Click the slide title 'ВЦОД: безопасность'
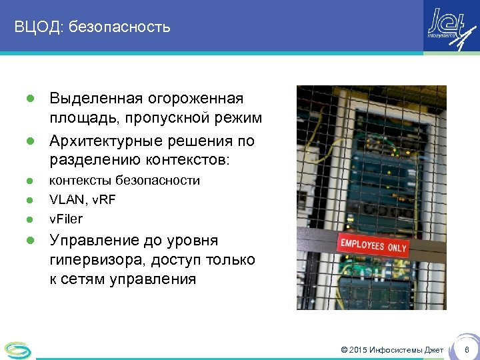[93, 27]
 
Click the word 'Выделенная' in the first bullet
[95, 99]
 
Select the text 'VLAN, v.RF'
[83, 199]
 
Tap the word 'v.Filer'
[66, 219]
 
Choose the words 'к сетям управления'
[123, 279]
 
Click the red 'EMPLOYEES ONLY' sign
[374, 244]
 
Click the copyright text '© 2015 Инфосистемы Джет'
[392, 350]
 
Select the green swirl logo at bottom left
[17, 349]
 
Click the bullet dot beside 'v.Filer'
[29, 219]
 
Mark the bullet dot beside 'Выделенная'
[29, 99]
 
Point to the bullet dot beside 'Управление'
[29, 241]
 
